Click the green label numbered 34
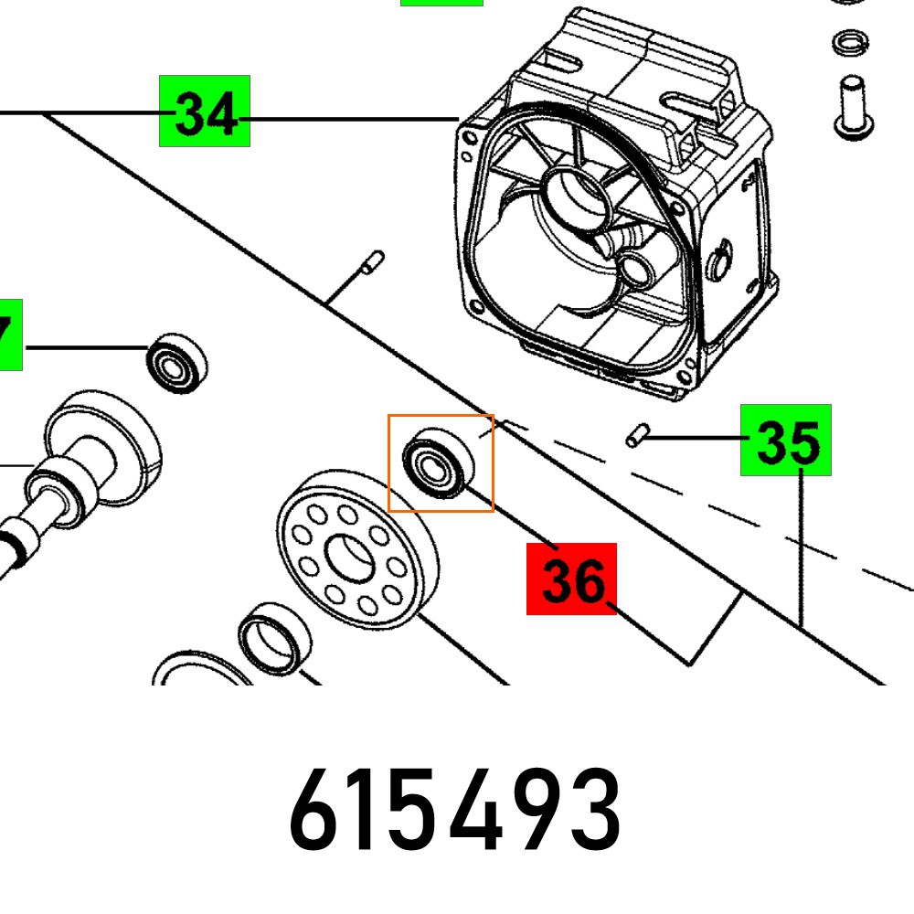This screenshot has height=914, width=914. click(205, 112)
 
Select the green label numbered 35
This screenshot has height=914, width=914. click(785, 440)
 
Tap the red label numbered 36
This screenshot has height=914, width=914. click(571, 579)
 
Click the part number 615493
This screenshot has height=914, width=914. click(455, 810)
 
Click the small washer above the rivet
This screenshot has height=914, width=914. click(850, 42)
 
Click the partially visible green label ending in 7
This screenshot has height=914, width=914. click(10, 335)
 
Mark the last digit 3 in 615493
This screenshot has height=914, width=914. click(596, 810)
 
